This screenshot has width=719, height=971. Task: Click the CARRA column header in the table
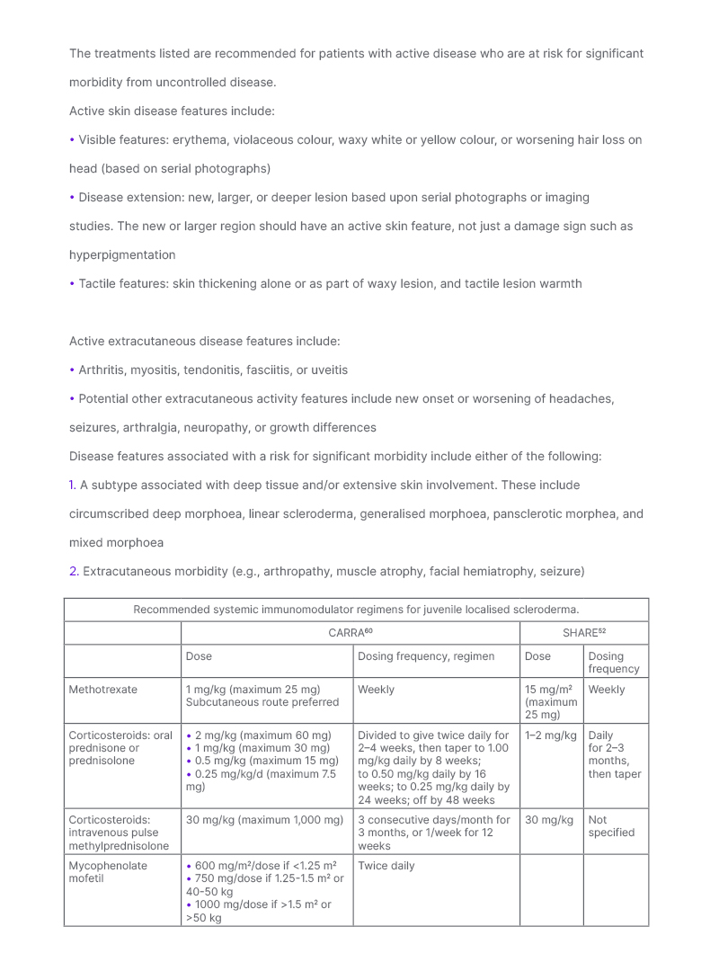(350, 633)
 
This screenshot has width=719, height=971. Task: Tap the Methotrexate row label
(103, 690)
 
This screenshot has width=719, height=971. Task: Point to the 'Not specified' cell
(611, 825)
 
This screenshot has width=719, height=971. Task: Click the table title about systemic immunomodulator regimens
(356, 610)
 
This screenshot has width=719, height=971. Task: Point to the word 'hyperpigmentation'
(122, 254)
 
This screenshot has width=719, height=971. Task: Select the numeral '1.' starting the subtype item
(73, 485)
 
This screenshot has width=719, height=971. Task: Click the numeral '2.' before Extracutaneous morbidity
(74, 571)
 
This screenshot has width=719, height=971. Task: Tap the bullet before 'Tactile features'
(72, 283)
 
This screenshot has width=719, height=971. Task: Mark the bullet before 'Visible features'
(72, 139)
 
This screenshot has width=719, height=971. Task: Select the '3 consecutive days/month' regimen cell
(434, 826)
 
